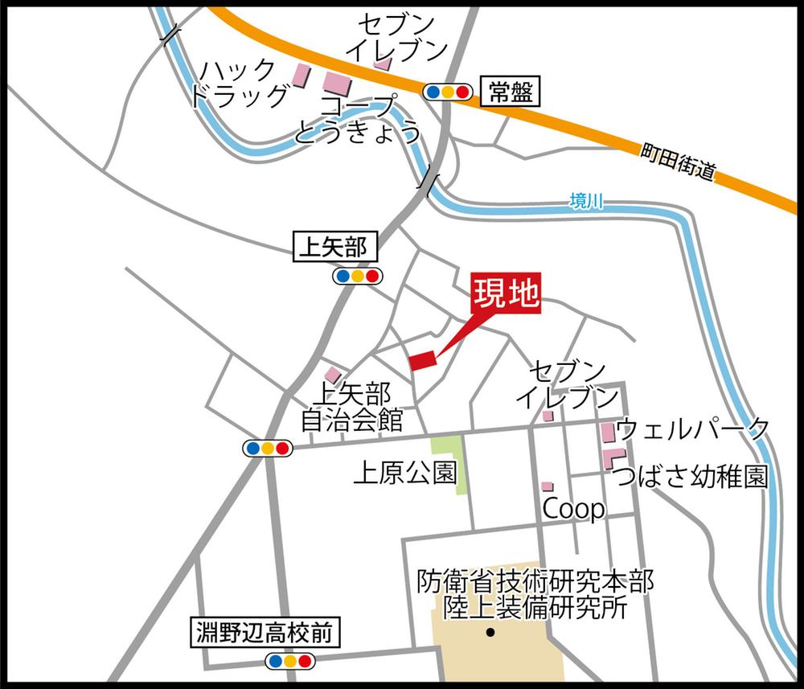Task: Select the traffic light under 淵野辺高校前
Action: point(289,661)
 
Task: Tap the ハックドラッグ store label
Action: point(239,84)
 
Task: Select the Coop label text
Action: point(574,509)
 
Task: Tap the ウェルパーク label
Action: point(692,429)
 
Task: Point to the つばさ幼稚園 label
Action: point(691,478)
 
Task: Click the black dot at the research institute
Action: point(490,631)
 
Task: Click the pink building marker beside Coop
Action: point(547,486)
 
